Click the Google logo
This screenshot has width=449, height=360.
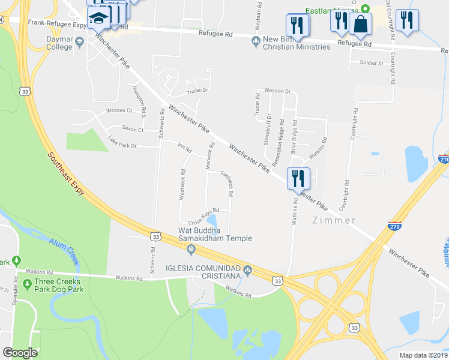click(x=20, y=353)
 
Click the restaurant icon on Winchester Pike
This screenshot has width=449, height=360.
click(x=298, y=178)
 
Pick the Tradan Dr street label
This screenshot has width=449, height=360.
click(x=196, y=91)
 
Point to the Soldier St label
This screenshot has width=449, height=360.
click(x=371, y=62)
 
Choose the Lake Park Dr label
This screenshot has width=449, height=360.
click(x=122, y=143)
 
